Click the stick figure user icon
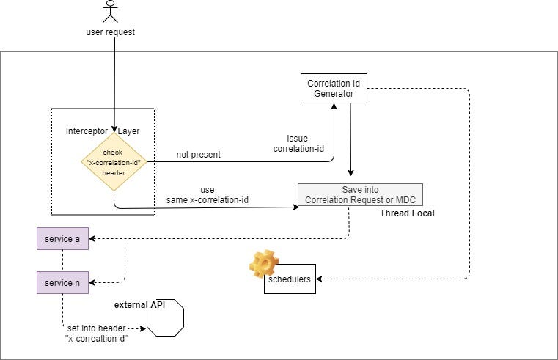[111, 12]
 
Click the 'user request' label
[111, 33]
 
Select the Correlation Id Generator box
[332, 89]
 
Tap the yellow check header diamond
[114, 161]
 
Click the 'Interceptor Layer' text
[103, 131]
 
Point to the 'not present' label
[198, 155]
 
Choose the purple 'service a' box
[62, 238]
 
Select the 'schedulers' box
[290, 279]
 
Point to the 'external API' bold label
[137, 304]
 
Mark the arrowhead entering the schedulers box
[320, 279]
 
